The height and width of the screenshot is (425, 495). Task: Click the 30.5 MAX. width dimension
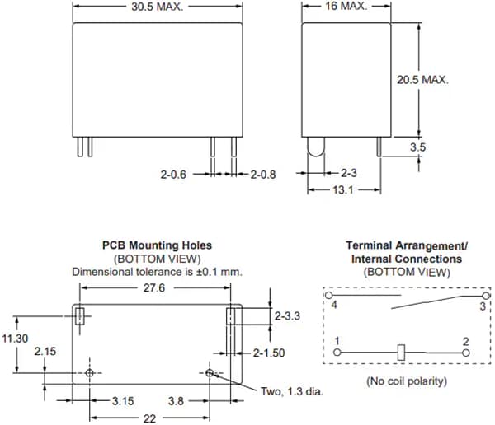[156, 7]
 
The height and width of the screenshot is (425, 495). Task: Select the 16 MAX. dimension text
[343, 7]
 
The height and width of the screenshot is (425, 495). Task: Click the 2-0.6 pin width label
[175, 175]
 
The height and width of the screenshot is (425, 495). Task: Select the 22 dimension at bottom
[148, 418]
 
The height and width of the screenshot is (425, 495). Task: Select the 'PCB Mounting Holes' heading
[157, 245]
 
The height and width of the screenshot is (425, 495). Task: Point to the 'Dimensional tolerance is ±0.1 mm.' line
[157, 271]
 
